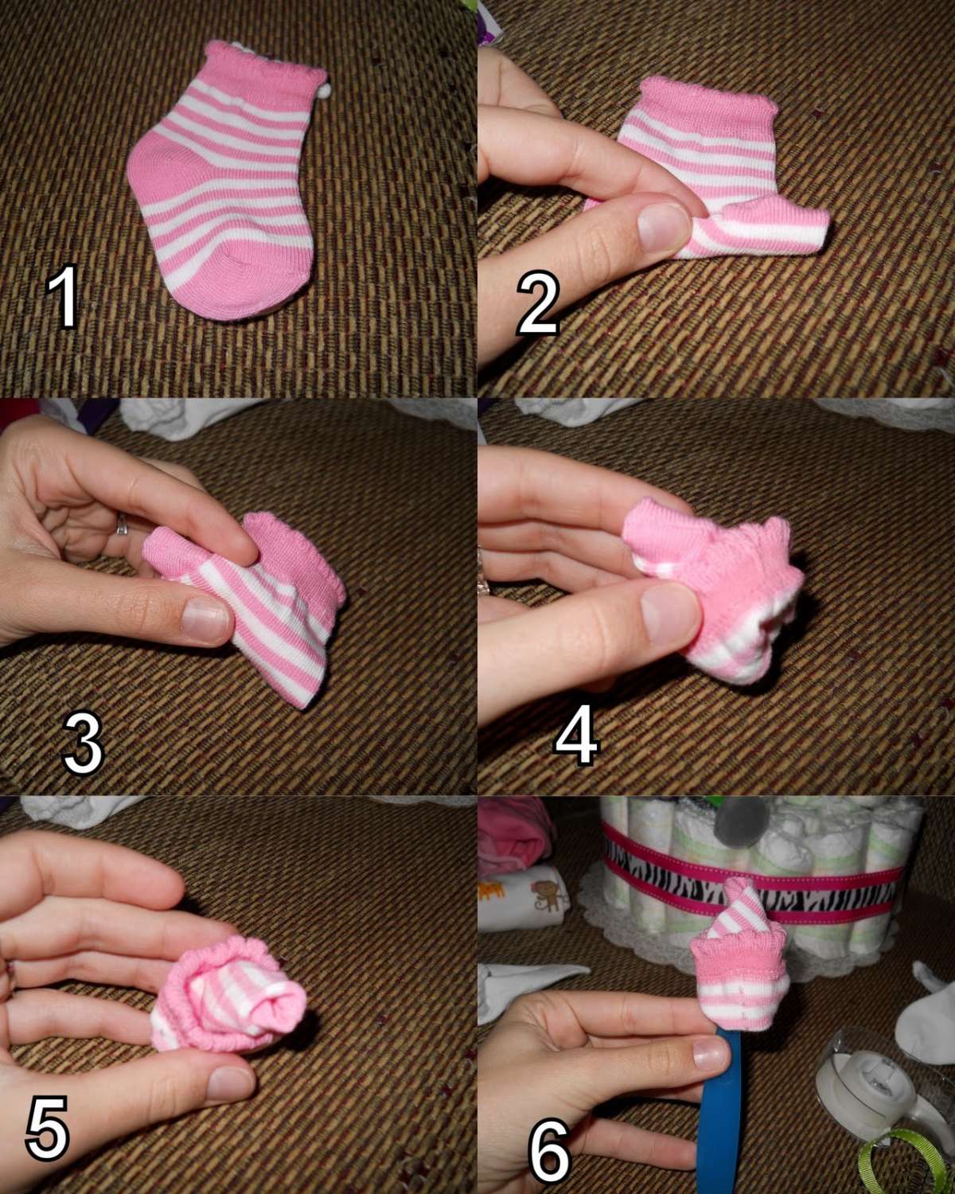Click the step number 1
64,297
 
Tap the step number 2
537,302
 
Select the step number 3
84,743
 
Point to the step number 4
577,736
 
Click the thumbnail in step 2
664,226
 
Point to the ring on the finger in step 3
122,525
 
